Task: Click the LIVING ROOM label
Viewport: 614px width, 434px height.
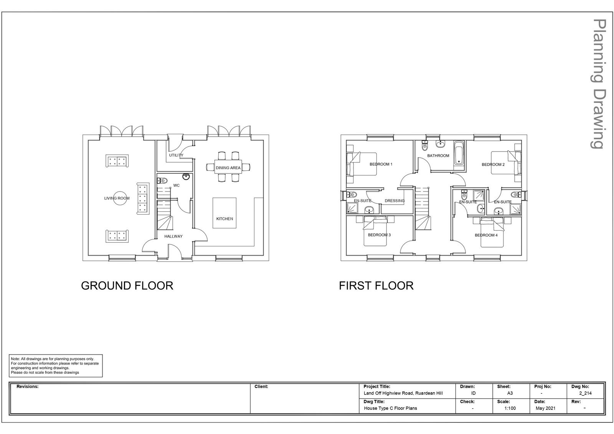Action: tap(117, 198)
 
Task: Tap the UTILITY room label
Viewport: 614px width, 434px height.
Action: tap(176, 155)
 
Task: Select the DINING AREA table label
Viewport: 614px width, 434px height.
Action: tap(228, 168)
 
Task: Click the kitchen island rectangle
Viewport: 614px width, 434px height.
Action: tap(224, 213)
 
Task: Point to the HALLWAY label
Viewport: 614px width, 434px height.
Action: tap(173, 236)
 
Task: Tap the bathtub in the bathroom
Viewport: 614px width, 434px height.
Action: tap(459, 153)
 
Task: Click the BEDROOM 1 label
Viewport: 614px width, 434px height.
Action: tap(381, 164)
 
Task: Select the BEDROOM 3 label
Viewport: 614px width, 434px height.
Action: tap(380, 235)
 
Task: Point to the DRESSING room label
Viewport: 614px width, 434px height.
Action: tap(395, 201)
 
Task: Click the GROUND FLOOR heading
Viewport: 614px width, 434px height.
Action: tap(127, 285)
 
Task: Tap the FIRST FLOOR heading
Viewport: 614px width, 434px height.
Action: tap(376, 285)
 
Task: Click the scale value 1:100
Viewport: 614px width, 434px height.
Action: tap(510, 408)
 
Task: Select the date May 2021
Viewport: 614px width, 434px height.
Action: tap(545, 408)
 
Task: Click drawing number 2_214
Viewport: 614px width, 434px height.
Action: tap(586, 393)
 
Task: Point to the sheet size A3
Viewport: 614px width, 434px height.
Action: tap(510, 393)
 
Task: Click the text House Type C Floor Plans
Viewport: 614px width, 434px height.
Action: tap(390, 408)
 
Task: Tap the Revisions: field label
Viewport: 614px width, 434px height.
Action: tap(27, 386)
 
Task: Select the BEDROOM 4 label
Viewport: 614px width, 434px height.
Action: tap(486, 235)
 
